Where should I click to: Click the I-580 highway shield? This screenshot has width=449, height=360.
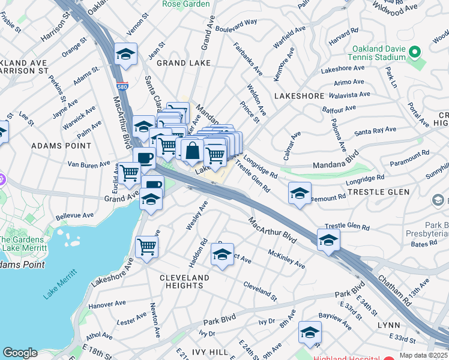click(x=122, y=86)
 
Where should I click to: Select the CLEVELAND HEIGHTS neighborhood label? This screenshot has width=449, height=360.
click(x=184, y=281)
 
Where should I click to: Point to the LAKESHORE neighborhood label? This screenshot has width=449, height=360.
click(x=295, y=95)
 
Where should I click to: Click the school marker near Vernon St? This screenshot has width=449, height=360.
click(x=126, y=54)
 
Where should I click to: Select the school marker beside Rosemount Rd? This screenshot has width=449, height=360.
click(x=300, y=193)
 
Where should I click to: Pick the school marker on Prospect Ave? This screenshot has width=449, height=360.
click(x=222, y=255)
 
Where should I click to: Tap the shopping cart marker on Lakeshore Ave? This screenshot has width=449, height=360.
click(x=146, y=246)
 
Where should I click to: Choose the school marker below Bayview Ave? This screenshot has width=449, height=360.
click(x=310, y=332)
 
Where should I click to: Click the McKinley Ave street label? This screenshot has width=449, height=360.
click(x=286, y=259)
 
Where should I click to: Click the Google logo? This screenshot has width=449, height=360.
click(x=20, y=353)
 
